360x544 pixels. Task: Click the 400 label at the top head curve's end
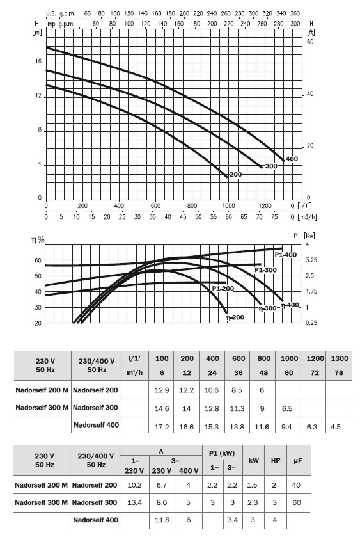point(292,159)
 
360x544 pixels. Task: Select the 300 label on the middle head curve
point(271,166)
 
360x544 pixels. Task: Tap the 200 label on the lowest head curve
point(235,175)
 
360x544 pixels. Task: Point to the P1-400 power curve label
point(286,255)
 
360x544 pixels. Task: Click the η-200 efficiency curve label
point(235,317)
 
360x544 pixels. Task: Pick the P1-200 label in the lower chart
point(223,288)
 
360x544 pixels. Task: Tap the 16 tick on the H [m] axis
point(38,61)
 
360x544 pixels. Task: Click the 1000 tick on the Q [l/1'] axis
point(229,205)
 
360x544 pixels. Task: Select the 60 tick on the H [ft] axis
point(310,42)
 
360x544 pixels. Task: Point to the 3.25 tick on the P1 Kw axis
point(311,260)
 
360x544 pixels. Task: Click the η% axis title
point(38,240)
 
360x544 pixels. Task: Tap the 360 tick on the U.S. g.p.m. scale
point(295,13)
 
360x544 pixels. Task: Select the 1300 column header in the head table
point(340,358)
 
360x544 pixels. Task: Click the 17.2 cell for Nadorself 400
point(162,427)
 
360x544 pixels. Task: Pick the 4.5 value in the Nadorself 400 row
point(336,427)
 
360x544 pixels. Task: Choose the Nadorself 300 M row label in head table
point(42,407)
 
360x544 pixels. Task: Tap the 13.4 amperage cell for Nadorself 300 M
point(134,502)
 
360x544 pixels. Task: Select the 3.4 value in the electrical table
point(233,520)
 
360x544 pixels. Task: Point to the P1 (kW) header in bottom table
point(222,454)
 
